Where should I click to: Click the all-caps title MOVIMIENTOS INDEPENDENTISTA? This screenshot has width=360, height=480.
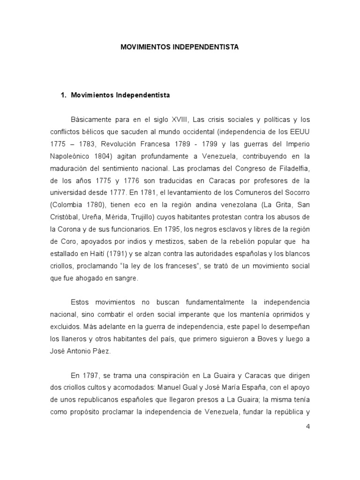click(180, 47)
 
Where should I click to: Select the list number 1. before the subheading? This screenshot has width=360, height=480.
click(64, 95)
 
